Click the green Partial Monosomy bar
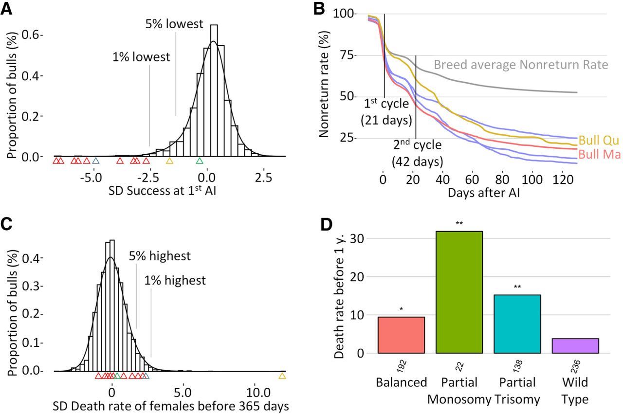click(459, 292)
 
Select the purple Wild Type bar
click(575, 345)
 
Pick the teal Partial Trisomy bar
click(517, 324)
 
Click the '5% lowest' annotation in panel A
click(174, 23)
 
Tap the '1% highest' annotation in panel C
click(174, 280)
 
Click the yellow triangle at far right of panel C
click(282, 376)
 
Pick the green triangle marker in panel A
click(199, 161)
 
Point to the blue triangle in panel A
click(96, 161)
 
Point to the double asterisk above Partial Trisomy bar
click(517, 287)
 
